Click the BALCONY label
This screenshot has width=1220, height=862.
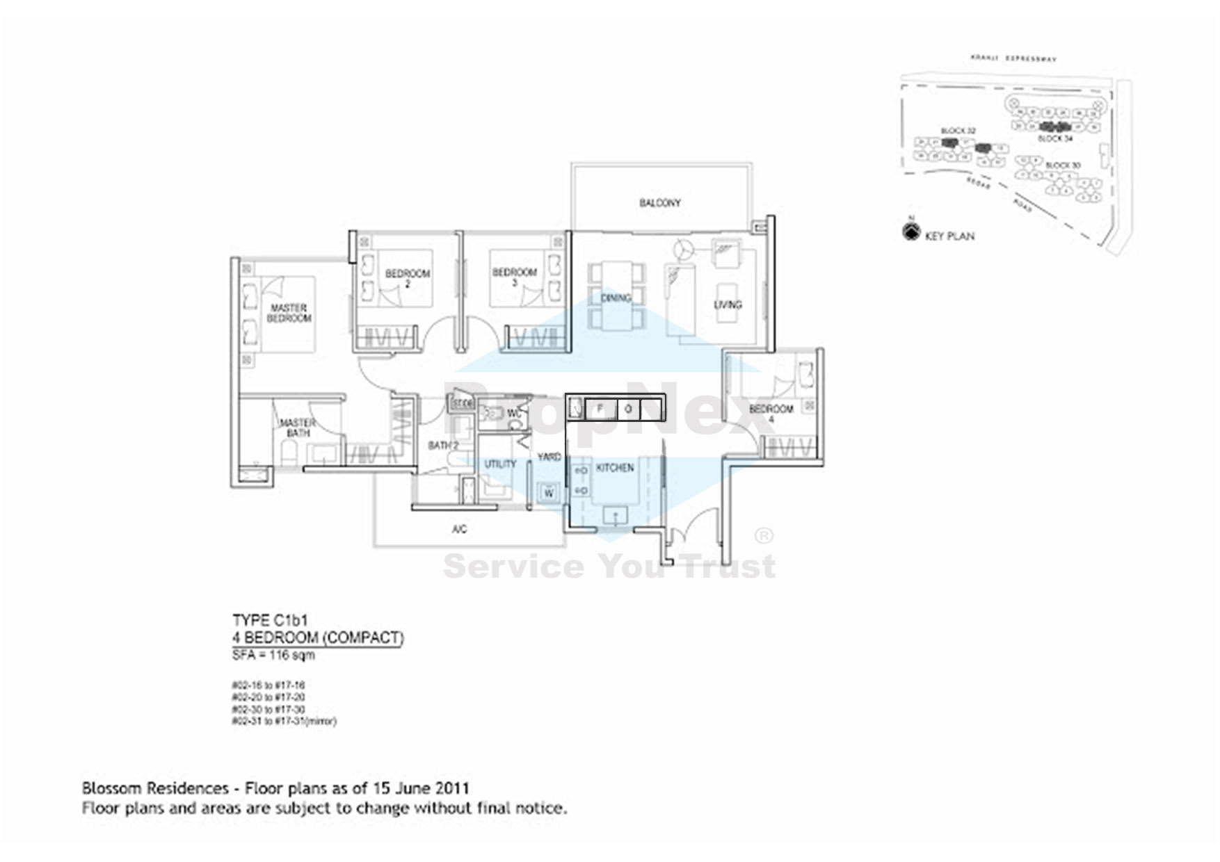coord(660,203)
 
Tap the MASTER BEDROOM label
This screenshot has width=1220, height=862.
coord(289,313)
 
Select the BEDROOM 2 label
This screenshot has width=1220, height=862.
coord(408,278)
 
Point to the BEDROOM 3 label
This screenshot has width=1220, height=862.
coord(515,277)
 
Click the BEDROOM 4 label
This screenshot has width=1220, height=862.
coord(771,414)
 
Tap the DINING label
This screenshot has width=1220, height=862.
coord(616,298)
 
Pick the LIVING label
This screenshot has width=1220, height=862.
coord(728,304)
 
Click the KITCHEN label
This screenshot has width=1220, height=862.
coord(615,468)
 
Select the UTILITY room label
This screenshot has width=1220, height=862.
coord(500,464)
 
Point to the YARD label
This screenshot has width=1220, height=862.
coord(549,457)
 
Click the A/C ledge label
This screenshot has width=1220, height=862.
coord(459,530)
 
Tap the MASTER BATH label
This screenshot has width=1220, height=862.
coord(298,428)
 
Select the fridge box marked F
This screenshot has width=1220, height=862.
coord(600,409)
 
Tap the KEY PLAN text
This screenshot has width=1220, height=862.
coord(949,236)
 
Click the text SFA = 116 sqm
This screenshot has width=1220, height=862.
coord(273,656)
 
